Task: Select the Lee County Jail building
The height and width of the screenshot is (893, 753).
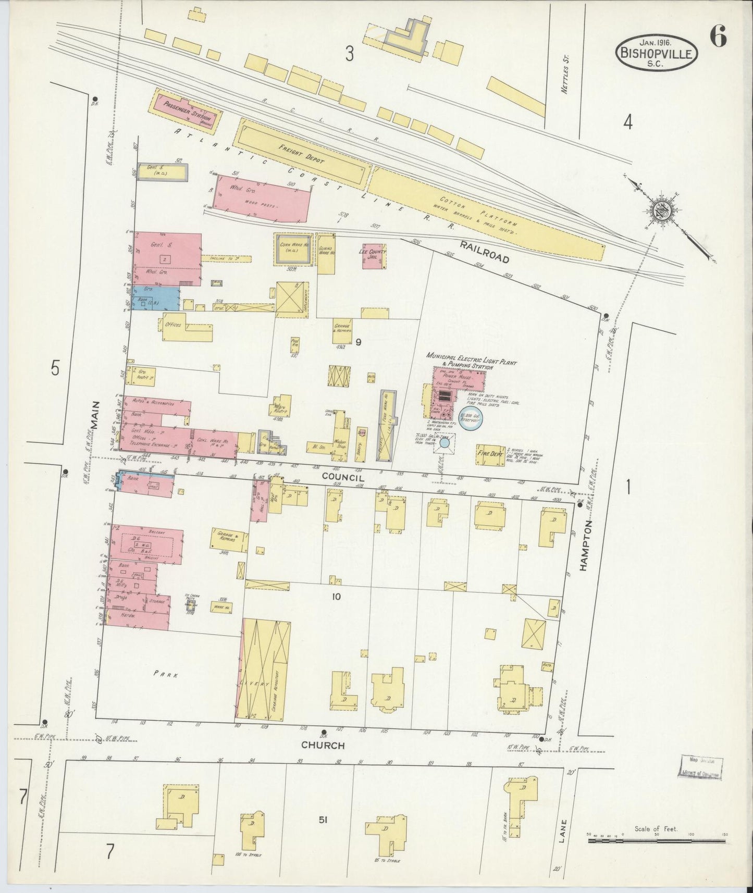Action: click(x=374, y=256)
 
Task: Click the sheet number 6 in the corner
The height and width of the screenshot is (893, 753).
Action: click(x=718, y=39)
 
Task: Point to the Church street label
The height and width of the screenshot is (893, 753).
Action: click(x=323, y=746)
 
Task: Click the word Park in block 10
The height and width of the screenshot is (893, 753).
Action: click(x=166, y=674)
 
